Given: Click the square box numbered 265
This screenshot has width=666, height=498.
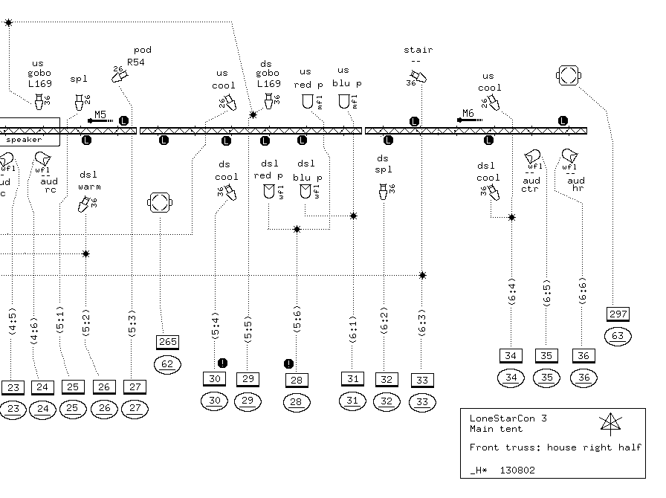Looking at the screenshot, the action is point(168,342).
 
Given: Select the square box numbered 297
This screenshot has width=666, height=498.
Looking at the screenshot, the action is point(618,314).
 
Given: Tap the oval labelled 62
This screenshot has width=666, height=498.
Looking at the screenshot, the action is point(167,364).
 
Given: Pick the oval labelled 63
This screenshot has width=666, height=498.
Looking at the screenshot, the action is point(618,336).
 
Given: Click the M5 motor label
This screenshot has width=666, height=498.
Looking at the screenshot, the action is point(100,114).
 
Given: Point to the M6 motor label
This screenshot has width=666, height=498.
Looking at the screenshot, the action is point(468,114).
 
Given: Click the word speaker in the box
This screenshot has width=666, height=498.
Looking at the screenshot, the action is point(24,140).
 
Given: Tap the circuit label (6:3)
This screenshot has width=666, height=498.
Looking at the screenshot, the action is point(421,323).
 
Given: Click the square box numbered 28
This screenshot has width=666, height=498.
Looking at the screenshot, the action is point(297,381).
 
